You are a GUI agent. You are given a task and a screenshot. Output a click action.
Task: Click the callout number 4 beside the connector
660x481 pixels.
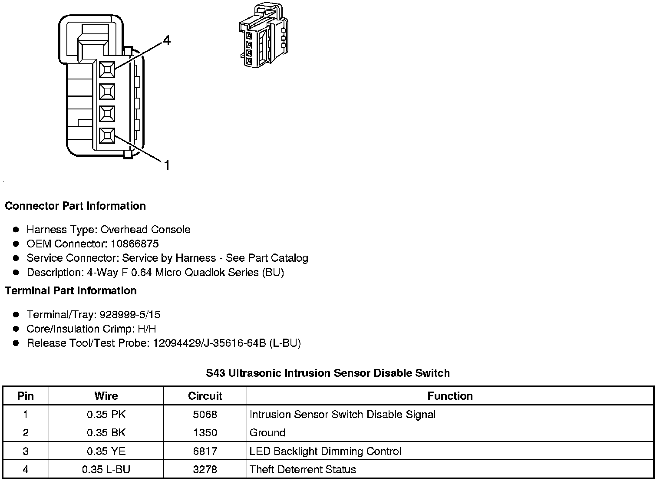167,40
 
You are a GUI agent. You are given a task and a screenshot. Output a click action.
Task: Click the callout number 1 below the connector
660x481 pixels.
167,165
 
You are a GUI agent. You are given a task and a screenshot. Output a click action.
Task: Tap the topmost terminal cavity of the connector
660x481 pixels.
107,69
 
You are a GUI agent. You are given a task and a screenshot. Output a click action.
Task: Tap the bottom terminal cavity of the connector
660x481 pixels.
107,136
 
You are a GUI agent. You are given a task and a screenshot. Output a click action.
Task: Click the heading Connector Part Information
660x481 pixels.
75,206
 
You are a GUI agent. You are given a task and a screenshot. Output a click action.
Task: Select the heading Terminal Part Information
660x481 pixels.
71,290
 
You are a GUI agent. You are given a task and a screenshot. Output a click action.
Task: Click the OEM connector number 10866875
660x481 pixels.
135,244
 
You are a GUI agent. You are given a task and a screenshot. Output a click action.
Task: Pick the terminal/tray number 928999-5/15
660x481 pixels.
130,314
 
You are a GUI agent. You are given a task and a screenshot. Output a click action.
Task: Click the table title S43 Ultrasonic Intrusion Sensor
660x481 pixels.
328,373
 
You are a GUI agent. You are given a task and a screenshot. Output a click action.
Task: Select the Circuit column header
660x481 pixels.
205,396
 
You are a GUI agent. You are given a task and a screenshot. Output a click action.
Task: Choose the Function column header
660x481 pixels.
450,396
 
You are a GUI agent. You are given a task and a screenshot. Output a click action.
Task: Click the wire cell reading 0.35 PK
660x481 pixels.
106,415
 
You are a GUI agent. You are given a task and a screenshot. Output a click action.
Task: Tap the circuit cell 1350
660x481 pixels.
205,433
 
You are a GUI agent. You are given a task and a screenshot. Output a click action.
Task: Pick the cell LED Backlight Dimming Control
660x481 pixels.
325,451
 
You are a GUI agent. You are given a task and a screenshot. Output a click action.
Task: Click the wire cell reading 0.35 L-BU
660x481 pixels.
106,469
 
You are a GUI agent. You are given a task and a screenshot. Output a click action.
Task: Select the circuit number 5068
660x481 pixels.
205,415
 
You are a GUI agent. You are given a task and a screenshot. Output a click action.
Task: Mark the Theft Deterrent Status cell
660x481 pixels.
303,469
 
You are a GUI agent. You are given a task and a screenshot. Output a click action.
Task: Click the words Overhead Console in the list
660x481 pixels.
145,229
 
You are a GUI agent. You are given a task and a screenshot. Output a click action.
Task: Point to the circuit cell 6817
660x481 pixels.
205,451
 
